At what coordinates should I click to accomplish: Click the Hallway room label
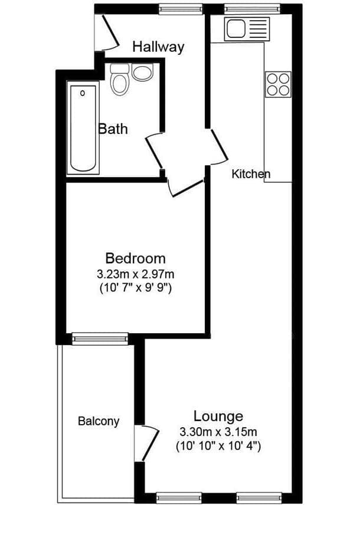[x=158, y=47]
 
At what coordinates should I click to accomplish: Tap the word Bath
[x=113, y=129]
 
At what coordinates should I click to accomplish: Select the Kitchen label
[x=251, y=173]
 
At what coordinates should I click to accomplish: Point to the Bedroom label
[x=135, y=258]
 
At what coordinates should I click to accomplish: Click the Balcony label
[x=99, y=421]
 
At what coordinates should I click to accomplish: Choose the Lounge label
[x=218, y=416]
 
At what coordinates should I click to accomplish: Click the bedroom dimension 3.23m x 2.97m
[x=135, y=274]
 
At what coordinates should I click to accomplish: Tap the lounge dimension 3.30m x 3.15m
[x=218, y=432]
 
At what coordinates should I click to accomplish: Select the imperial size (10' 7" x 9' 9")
[x=135, y=287]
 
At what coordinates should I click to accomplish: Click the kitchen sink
[x=247, y=29]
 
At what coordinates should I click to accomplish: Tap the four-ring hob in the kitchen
[x=278, y=84]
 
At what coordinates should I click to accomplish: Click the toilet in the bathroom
[x=120, y=79]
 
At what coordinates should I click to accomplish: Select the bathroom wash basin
[x=142, y=73]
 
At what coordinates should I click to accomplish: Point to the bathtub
[x=83, y=129]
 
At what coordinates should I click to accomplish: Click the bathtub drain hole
[x=83, y=93]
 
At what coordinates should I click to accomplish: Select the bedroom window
[x=100, y=339]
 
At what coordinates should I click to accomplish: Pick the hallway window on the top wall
[x=181, y=10]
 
